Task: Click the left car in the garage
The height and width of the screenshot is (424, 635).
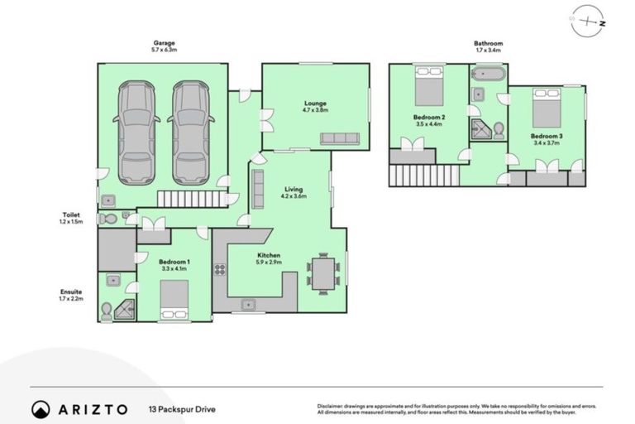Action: coord(136,132)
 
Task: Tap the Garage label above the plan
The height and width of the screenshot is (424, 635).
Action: coord(163,43)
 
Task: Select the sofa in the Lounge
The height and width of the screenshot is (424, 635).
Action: coord(340,137)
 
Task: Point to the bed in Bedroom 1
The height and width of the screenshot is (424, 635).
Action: coord(174,300)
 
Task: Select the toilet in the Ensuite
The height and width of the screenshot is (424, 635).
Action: coord(106,311)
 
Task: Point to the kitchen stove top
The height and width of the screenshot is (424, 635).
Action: coord(220,269)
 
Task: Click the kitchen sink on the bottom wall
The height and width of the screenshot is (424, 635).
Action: coord(247,306)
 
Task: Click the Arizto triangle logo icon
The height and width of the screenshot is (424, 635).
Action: coord(41,409)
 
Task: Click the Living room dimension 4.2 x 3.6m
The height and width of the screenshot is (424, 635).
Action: coord(292,196)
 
